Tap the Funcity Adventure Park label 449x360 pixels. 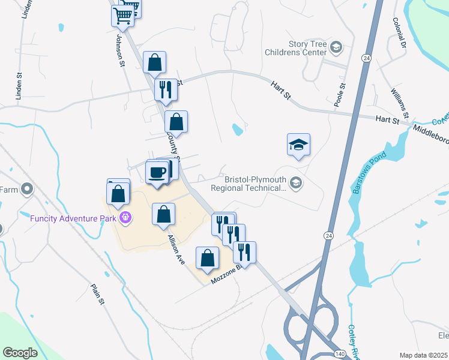tap(73, 218)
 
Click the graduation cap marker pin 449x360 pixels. tap(298, 145)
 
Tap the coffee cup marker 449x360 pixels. tap(158, 173)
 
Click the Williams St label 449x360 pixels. tap(400, 103)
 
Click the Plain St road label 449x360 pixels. tap(97, 294)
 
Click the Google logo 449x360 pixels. tap(20, 352)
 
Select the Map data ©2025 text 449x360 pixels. tap(423, 355)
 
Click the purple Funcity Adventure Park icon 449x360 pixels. tap(125, 217)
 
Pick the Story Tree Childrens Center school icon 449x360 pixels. tap(336, 47)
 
